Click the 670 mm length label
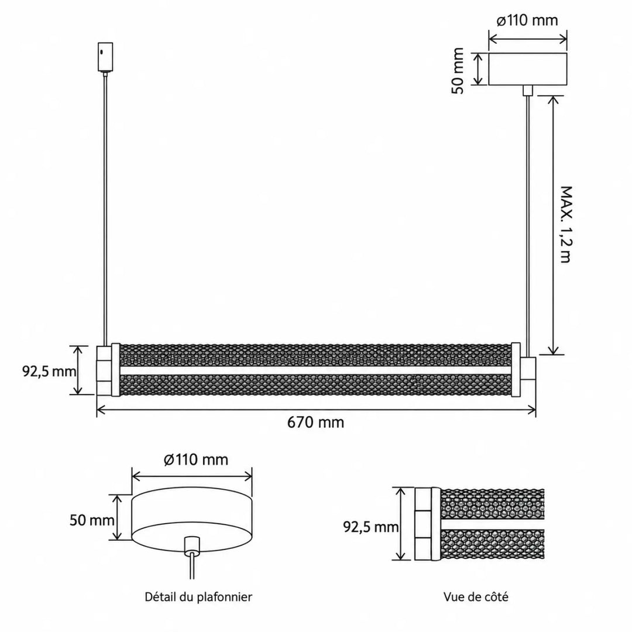click(315, 423)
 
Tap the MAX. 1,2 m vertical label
click(566, 225)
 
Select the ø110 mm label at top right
click(527, 20)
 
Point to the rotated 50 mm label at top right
click(458, 71)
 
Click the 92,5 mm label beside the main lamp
click(49, 371)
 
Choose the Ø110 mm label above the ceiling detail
click(196, 459)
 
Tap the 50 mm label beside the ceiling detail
click(92, 520)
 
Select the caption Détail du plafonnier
click(198, 597)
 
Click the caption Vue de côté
click(476, 597)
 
